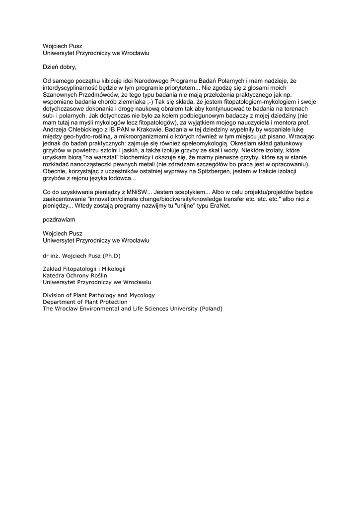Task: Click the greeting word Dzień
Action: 52,66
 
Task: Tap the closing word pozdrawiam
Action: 59,219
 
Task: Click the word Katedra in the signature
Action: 54,275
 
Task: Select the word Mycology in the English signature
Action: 142,295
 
